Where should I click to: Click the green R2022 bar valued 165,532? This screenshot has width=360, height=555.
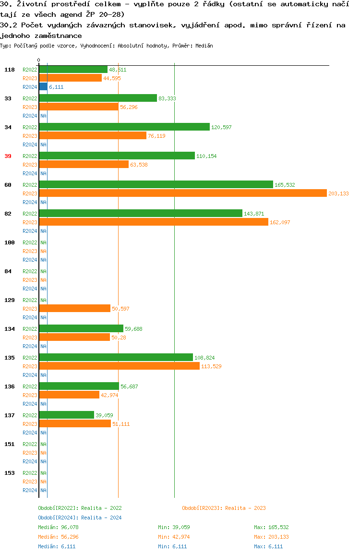[x=156, y=185]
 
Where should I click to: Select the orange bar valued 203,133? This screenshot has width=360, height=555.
[x=183, y=193]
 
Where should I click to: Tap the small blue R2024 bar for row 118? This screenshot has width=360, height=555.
[x=43, y=87]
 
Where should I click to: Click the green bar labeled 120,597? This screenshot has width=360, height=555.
[x=124, y=127]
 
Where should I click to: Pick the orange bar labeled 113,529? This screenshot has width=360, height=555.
[x=120, y=366]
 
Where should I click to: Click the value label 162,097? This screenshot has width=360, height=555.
[x=280, y=222]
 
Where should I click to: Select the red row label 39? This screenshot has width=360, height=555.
[x=8, y=156]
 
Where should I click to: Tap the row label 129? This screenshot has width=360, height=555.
[x=10, y=300]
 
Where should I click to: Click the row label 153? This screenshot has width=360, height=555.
[x=10, y=473]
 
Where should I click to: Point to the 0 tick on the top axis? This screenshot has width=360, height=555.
[x=39, y=60]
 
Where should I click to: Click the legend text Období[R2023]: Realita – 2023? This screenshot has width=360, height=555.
[x=224, y=508]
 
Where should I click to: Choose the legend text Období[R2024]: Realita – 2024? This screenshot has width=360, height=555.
[x=80, y=518]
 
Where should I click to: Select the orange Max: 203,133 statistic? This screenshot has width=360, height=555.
[x=271, y=537]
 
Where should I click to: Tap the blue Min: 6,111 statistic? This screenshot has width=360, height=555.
[x=172, y=546]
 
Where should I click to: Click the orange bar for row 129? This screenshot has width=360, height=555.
[x=75, y=309]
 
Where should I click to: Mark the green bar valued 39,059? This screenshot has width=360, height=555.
[x=67, y=415]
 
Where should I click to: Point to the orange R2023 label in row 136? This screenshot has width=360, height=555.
[x=30, y=395]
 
